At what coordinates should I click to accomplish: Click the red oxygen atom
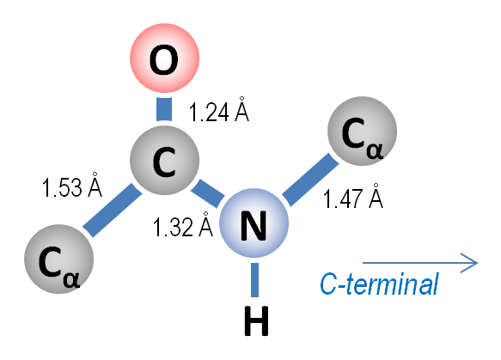[x=164, y=58]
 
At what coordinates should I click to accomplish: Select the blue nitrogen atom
[x=254, y=223]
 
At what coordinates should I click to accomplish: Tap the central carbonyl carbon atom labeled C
[x=164, y=160]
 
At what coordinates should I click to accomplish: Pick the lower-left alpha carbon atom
[x=58, y=259]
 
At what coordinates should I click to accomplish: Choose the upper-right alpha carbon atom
[x=362, y=131]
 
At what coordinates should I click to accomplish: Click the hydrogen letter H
[x=256, y=321]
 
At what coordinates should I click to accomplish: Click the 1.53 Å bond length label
[x=72, y=185]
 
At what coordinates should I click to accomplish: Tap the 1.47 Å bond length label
[x=353, y=196]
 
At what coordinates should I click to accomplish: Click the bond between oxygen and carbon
[x=164, y=109]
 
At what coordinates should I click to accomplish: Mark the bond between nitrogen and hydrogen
[x=254, y=280]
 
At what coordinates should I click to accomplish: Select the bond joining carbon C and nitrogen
[x=208, y=193]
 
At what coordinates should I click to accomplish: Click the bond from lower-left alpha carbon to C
[x=113, y=210]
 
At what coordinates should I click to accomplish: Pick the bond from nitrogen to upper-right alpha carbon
[x=310, y=180]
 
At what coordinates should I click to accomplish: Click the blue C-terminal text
[x=379, y=284]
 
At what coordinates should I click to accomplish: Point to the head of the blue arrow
[x=477, y=263]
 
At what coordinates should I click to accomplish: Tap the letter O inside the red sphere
[x=164, y=60]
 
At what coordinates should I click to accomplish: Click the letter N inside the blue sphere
[x=254, y=225]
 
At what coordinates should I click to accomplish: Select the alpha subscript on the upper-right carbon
[x=375, y=150]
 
